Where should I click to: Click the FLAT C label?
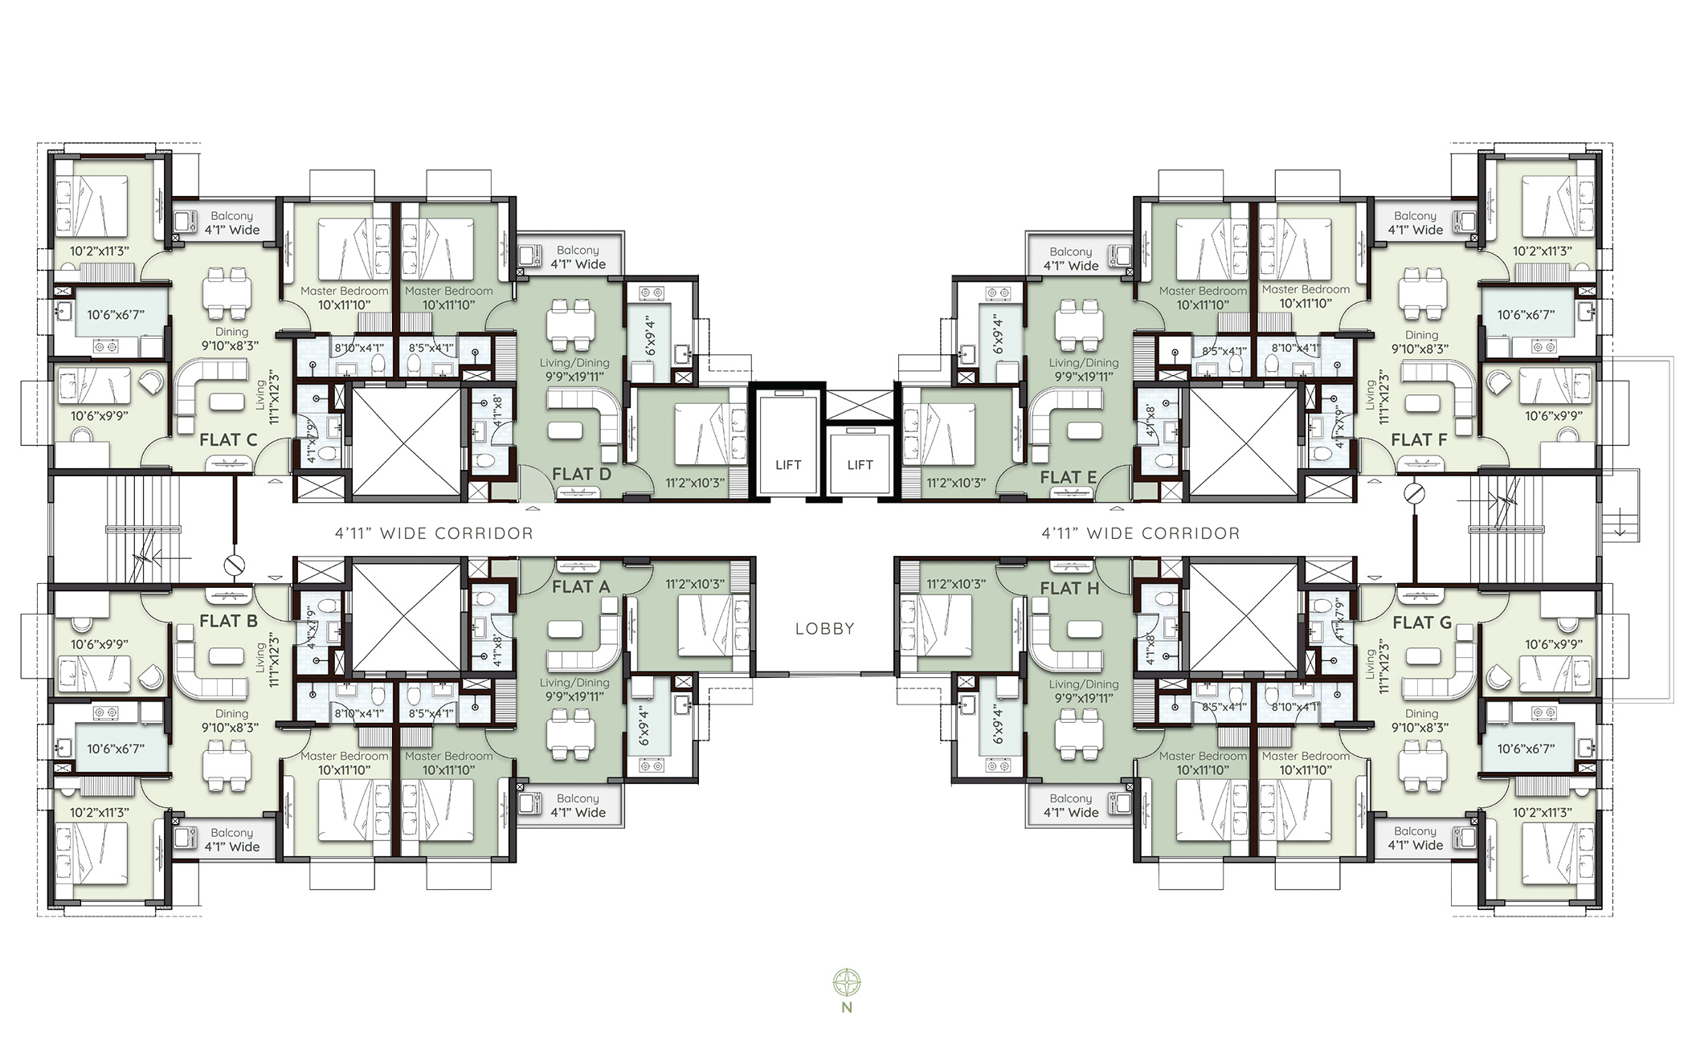click(228, 440)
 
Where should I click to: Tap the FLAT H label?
click(1069, 589)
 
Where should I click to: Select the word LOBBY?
click(824, 629)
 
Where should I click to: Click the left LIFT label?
click(788, 465)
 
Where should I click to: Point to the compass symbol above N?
click(847, 982)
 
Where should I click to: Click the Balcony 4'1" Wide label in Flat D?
click(578, 257)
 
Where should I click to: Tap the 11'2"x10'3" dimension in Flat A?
click(695, 584)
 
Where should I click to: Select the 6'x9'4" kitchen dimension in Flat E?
click(999, 334)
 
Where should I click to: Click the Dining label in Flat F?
click(1421, 335)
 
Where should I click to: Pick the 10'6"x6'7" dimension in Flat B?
click(116, 749)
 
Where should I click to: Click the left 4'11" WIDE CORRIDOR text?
click(434, 533)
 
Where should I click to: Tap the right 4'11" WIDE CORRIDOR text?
click(1141, 533)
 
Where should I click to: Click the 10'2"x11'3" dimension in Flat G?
click(1542, 812)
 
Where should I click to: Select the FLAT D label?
click(582, 475)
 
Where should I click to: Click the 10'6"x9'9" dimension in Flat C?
click(100, 416)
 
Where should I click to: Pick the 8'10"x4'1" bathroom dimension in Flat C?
click(359, 349)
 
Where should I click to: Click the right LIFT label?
click(860, 465)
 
